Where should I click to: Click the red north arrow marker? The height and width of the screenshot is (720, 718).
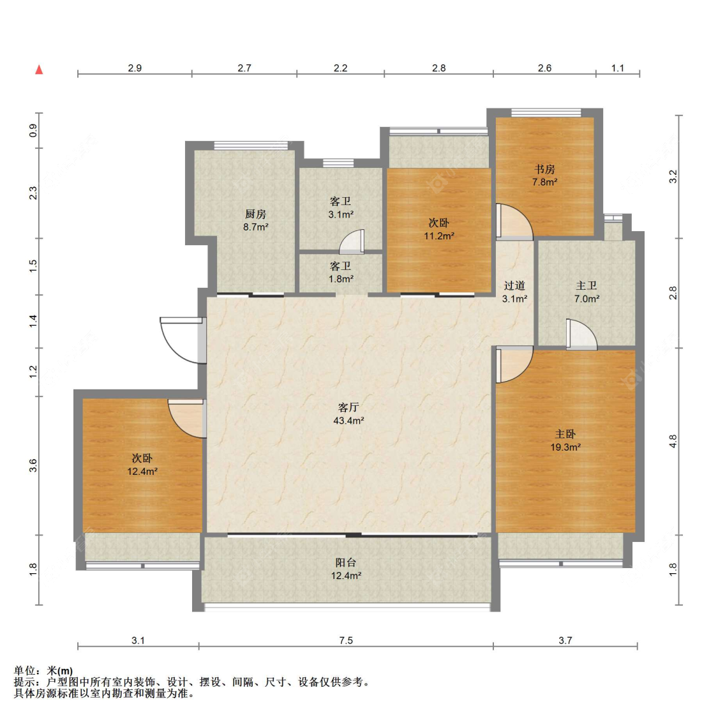(39, 70)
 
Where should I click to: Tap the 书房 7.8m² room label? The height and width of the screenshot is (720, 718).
(544, 176)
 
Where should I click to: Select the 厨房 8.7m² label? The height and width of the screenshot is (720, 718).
(256, 220)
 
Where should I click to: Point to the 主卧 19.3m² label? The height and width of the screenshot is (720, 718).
(565, 440)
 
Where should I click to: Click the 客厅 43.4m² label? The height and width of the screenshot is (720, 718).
(348, 414)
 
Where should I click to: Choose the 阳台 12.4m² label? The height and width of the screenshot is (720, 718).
(346, 569)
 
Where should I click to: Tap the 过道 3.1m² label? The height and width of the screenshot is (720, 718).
(514, 292)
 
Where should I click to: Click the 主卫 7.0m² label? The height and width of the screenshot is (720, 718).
(587, 292)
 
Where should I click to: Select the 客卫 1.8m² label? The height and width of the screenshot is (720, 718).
(341, 273)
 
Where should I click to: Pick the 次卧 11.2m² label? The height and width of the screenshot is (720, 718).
(439, 229)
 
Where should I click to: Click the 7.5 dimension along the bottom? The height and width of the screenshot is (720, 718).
(346, 640)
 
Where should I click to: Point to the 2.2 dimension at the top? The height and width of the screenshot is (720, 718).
(340, 68)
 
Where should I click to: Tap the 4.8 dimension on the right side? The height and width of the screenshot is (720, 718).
(673, 442)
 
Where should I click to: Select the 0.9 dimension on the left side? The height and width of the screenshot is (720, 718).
(33, 131)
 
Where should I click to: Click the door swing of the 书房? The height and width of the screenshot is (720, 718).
(514, 222)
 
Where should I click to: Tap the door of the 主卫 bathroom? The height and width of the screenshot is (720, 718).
(581, 334)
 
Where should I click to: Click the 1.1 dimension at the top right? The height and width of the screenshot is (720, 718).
(618, 68)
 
